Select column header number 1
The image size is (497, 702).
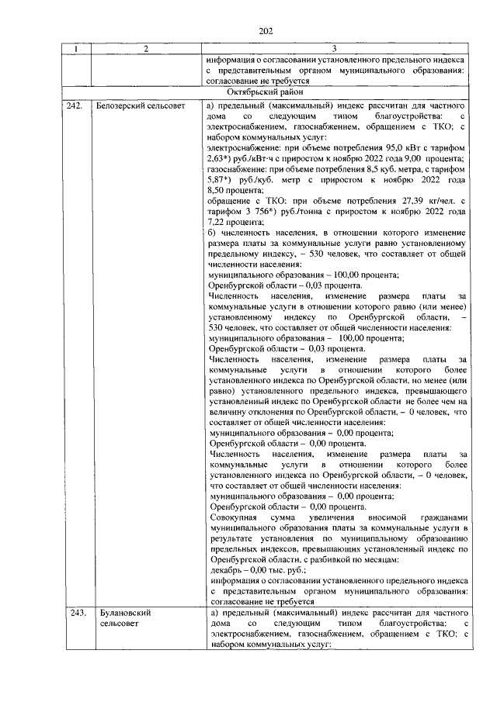pos(76,50)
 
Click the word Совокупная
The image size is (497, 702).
pos(235,516)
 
